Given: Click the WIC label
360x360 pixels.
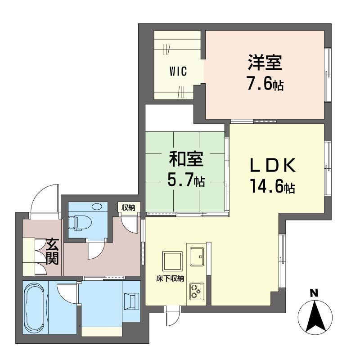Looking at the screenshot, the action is pyautogui.click(x=178, y=71).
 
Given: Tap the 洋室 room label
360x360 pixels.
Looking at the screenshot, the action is pyautogui.click(x=265, y=63).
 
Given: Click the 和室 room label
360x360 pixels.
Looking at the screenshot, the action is pyautogui.click(x=186, y=159).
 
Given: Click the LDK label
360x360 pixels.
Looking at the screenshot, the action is pyautogui.click(x=273, y=166).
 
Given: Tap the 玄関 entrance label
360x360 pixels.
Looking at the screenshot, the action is pyautogui.click(x=52, y=252).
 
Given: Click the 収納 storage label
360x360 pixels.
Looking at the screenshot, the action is pyautogui.click(x=128, y=207).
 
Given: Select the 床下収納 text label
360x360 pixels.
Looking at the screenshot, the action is pyautogui.click(x=170, y=279).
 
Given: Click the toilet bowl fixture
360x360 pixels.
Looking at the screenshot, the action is pyautogui.click(x=83, y=222).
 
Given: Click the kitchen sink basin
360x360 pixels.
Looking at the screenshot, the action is pyautogui.click(x=197, y=256).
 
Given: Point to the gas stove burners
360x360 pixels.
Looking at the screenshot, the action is pyautogui.click(x=197, y=291).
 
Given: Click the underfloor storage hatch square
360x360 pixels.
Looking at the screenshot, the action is pyautogui.click(x=172, y=261).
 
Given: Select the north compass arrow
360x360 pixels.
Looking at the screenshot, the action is pyautogui.click(x=315, y=316).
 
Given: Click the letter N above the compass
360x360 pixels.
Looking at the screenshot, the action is pyautogui.click(x=314, y=293).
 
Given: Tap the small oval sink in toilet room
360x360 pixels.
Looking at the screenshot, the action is pyautogui.click(x=97, y=207).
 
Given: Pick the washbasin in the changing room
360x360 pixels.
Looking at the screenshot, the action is pyautogui.click(x=131, y=301).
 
